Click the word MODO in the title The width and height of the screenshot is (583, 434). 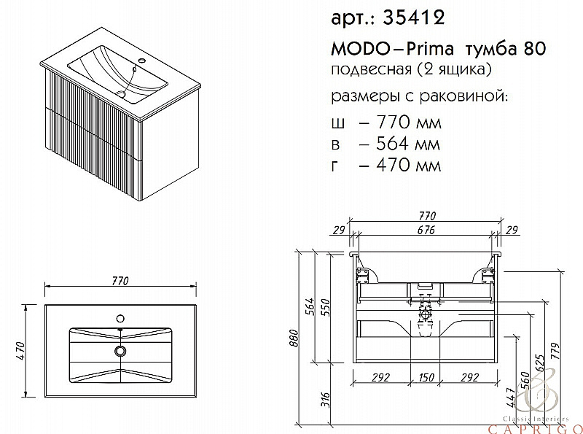(354, 48)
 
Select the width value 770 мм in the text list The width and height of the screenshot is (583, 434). (400, 120)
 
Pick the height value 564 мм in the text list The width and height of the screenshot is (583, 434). (400, 143)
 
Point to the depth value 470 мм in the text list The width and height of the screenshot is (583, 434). (400, 166)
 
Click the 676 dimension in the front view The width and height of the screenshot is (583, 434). (426, 231)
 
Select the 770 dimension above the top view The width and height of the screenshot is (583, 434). (120, 281)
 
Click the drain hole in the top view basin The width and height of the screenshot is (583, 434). (120, 351)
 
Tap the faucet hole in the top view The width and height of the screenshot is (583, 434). (120, 318)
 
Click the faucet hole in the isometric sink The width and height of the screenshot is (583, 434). (141, 59)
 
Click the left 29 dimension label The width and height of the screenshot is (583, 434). (337, 231)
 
